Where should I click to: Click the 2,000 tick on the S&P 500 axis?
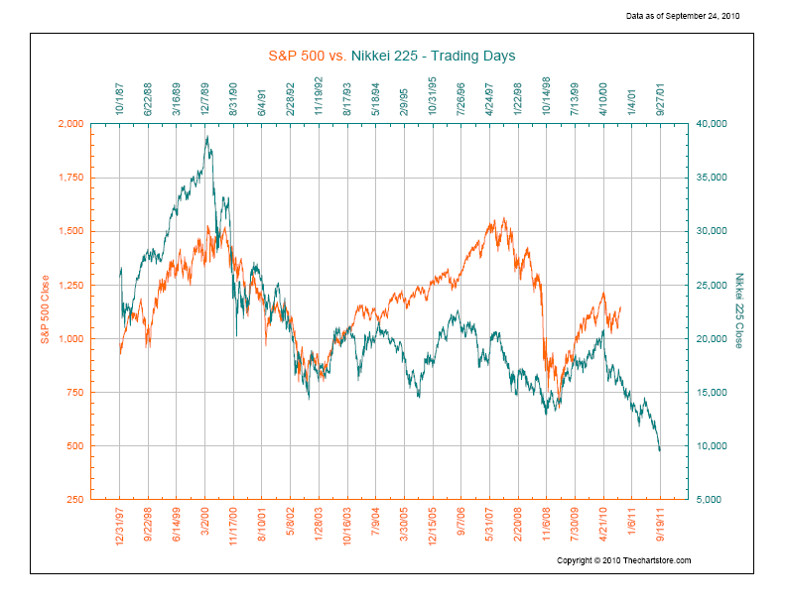pos(69,124)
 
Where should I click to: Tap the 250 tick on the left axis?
pos(75,500)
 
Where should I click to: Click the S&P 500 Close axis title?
pos(45,310)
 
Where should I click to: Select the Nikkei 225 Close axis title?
pos(739,310)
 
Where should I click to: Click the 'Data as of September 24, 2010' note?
pos(684,17)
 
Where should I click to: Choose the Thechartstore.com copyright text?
pos(623,560)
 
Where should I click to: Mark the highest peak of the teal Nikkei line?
pos(206,137)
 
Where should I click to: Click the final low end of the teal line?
pos(660,450)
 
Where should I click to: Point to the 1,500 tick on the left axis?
pos(69,231)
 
